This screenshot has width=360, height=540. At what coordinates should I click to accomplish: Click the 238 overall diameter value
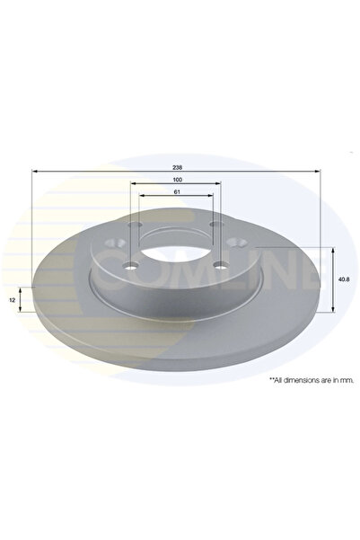click(177, 167)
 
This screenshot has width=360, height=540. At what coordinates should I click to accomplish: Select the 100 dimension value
click(177, 180)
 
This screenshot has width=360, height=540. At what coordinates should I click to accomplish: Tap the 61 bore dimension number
click(177, 191)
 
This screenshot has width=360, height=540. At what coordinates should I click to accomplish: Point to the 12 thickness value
click(13, 300)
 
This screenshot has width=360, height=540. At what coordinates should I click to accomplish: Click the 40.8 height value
click(344, 279)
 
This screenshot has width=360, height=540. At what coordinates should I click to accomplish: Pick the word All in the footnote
click(278, 380)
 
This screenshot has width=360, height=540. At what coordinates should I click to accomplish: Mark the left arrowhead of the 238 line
click(34, 171)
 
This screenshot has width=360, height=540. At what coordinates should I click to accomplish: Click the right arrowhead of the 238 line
click(318, 171)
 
